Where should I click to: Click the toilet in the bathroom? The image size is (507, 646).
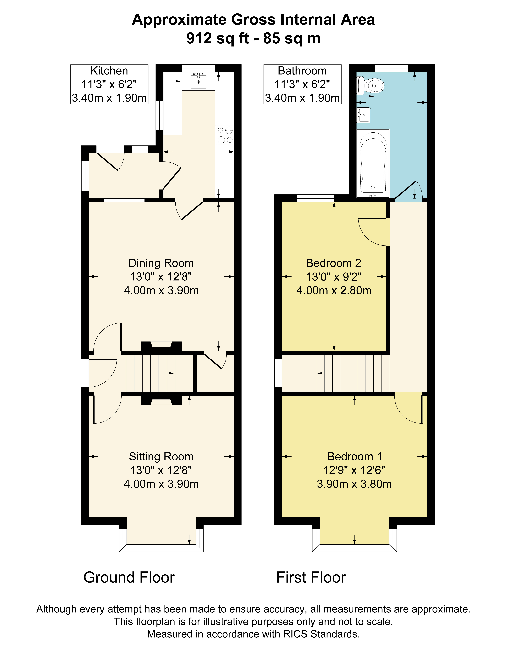370,86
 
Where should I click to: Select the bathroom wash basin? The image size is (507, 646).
363,115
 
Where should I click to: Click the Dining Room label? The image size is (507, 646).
161,263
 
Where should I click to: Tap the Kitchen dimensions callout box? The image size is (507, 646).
109,84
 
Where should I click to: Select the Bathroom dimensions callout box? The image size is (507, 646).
302,84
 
